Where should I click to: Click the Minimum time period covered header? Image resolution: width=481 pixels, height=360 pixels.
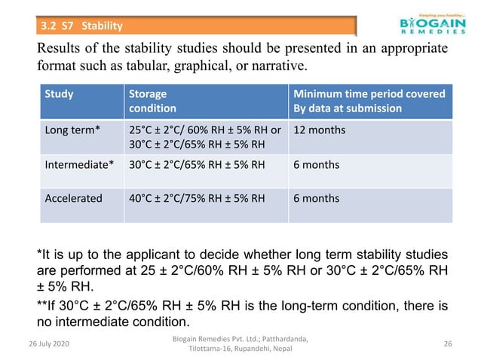click(369, 102)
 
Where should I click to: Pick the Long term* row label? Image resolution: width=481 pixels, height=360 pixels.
click(69, 130)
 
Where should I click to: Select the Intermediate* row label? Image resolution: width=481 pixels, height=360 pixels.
click(80, 165)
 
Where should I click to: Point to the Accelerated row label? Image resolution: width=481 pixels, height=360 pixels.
click(74, 199)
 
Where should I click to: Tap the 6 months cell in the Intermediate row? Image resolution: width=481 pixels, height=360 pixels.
click(316, 165)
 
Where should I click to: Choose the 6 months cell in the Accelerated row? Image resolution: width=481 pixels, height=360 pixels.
click(316, 199)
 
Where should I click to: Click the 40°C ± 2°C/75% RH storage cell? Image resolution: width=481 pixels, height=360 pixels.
click(197, 199)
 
